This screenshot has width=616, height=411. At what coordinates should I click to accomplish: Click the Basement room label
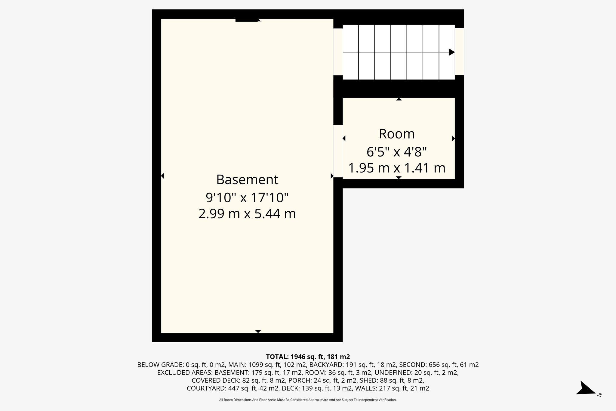coord(247,180)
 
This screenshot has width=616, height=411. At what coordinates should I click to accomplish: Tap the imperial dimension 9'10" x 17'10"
coord(247,198)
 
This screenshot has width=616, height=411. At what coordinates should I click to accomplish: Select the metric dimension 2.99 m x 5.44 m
coord(247,214)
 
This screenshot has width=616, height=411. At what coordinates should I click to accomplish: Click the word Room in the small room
coord(397,134)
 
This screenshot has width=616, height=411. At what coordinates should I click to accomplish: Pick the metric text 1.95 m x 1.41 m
coord(397,168)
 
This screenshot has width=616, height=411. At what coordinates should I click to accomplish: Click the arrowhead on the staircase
coord(451,52)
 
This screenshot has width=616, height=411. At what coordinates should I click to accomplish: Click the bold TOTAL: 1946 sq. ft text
coord(308,357)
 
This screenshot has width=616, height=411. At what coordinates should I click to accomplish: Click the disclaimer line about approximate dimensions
coord(308,400)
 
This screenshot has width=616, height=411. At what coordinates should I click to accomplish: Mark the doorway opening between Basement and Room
coord(338,151)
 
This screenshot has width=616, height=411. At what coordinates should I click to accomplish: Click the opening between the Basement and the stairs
coord(338,51)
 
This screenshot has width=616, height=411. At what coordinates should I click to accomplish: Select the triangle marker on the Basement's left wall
coord(162,176)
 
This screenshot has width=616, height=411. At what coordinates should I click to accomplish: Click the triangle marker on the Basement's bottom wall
coord(258,332)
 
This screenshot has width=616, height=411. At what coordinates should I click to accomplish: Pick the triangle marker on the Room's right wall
coord(453,139)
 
